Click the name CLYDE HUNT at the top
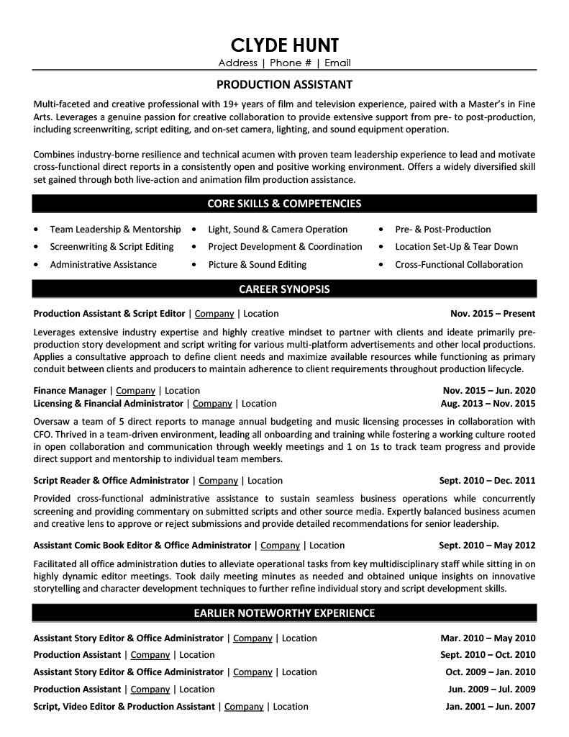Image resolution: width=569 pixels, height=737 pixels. click(284, 44)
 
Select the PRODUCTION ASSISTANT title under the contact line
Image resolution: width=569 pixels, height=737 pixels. click(284, 83)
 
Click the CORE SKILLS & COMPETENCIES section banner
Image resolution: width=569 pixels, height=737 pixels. click(284, 204)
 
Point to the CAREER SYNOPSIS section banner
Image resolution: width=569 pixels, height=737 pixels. click(284, 289)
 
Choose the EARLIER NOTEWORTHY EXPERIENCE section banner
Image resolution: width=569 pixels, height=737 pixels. click(284, 613)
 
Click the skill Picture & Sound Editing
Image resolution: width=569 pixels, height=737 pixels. click(257, 264)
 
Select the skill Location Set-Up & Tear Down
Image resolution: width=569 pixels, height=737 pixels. click(456, 246)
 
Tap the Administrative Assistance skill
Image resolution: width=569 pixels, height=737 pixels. click(103, 264)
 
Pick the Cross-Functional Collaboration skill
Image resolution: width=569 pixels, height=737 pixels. click(459, 264)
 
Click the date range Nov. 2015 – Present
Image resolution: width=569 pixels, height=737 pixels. click(492, 314)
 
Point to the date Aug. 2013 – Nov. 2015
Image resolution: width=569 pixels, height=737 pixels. click(488, 404)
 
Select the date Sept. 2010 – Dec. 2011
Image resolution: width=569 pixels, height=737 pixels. click(487, 481)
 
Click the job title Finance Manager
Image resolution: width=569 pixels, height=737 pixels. click(70, 391)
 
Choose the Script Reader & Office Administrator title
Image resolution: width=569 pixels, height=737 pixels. click(111, 481)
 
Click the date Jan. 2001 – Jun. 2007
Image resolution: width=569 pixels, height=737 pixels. click(491, 707)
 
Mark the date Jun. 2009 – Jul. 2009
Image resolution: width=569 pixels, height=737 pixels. click(491, 689)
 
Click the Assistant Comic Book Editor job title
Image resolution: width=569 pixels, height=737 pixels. click(142, 546)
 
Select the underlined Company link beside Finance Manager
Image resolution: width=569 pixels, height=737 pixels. click(135, 391)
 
